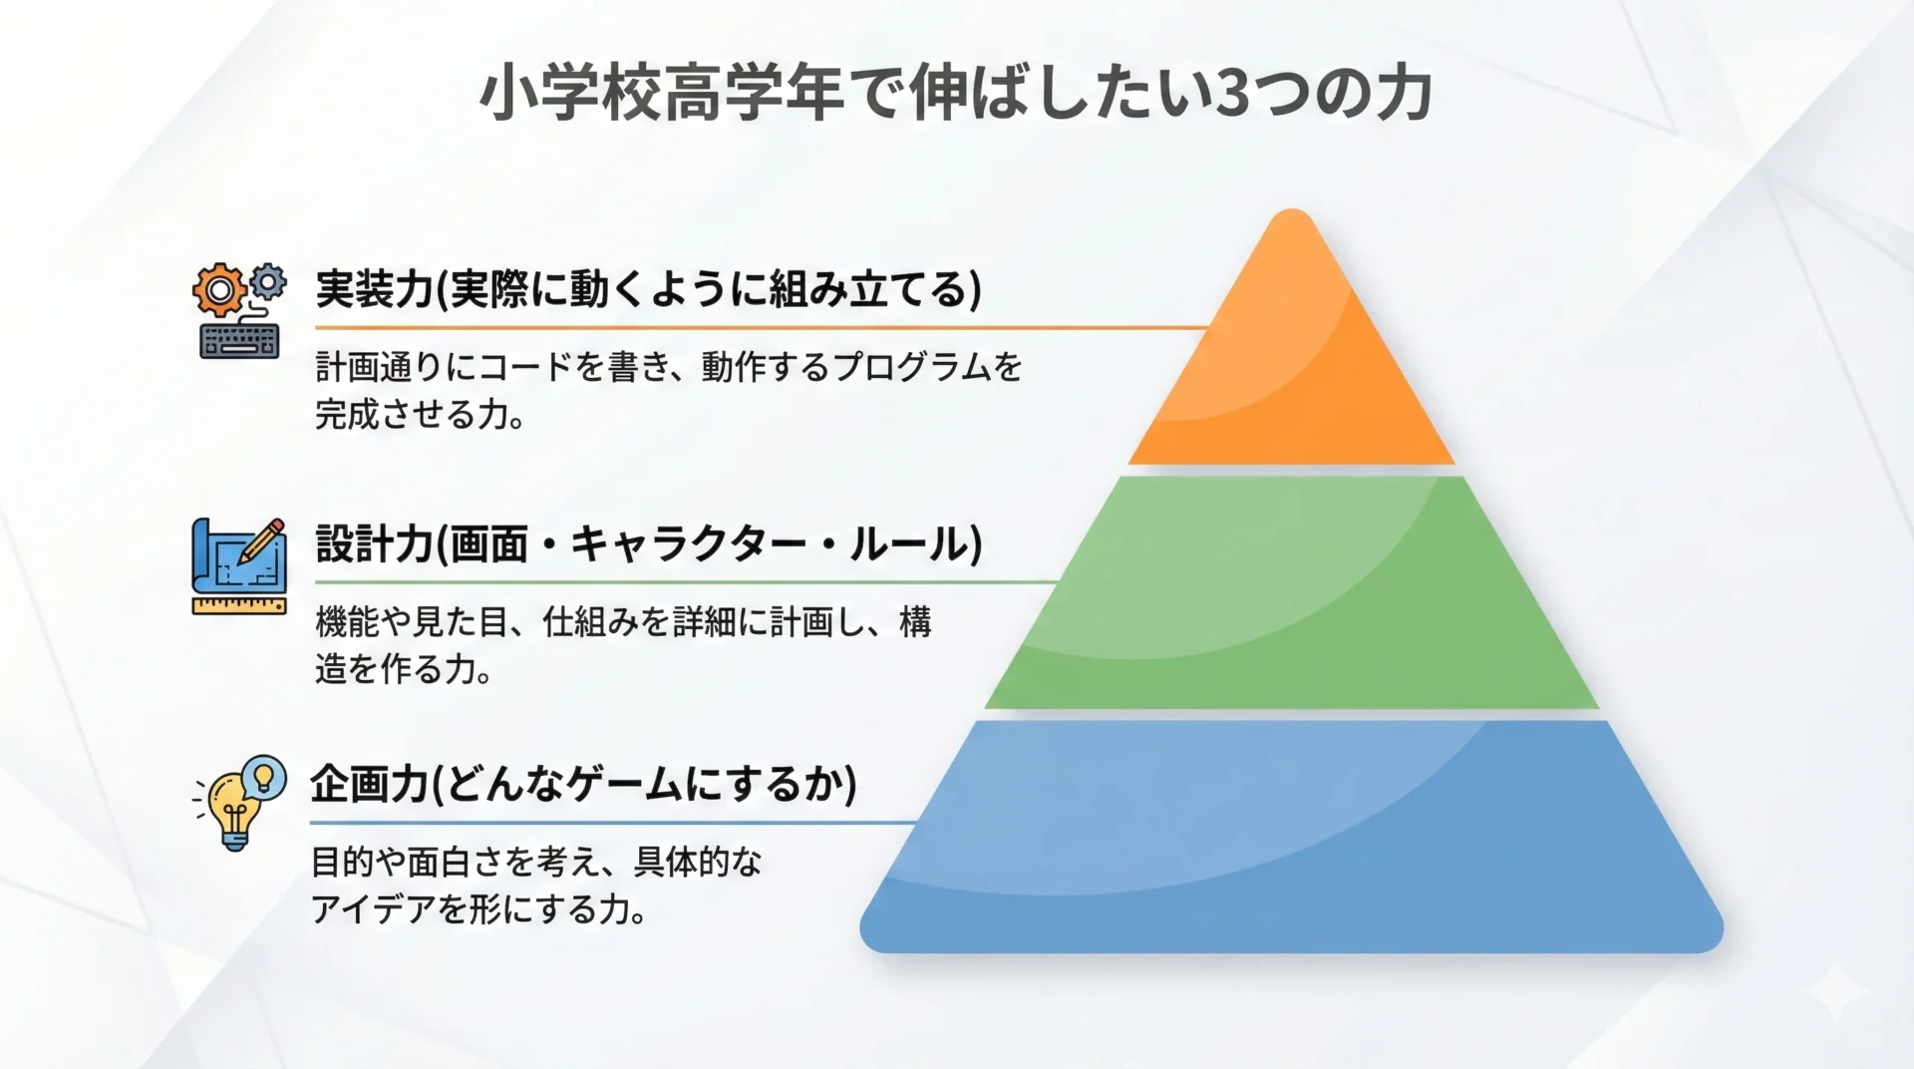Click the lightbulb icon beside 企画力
(x=239, y=803)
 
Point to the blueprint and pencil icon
(x=239, y=565)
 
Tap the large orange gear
(x=219, y=290)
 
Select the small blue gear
(x=267, y=281)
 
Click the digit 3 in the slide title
(x=1233, y=95)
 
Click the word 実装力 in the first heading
(x=373, y=289)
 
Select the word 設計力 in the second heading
(x=373, y=543)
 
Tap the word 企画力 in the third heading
(x=369, y=784)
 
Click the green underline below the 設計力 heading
(x=687, y=581)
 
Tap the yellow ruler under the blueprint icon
(x=239, y=606)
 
